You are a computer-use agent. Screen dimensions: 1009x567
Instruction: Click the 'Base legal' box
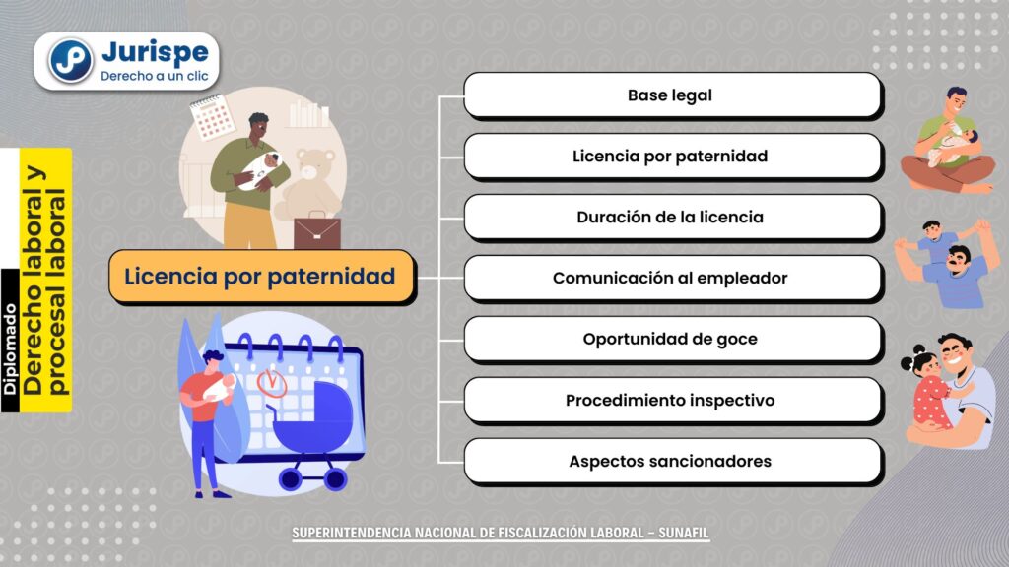[672, 95]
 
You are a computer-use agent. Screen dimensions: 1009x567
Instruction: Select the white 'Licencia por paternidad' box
[672, 157]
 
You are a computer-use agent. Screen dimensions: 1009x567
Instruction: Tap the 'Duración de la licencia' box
[672, 218]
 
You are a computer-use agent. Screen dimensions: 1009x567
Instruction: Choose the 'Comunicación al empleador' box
[672, 279]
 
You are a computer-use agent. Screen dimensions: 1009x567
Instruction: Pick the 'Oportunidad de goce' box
[672, 340]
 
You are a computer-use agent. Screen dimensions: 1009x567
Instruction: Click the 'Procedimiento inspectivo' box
[672, 401]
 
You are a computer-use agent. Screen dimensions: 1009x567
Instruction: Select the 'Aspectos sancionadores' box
[672, 462]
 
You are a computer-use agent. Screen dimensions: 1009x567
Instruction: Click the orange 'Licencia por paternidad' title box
[262, 277]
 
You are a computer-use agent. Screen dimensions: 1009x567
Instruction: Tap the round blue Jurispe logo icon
[71, 61]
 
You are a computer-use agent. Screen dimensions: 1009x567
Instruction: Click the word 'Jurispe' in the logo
[155, 51]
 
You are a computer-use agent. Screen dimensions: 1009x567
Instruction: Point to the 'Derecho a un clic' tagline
[155, 76]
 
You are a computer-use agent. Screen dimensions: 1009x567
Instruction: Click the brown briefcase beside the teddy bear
[316, 230]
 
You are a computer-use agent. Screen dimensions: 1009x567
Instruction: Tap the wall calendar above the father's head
[212, 117]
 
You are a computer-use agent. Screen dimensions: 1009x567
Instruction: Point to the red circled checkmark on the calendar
[272, 383]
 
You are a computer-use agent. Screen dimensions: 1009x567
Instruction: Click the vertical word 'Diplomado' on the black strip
[10, 349]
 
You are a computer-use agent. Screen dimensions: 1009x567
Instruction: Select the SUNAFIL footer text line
[501, 533]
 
